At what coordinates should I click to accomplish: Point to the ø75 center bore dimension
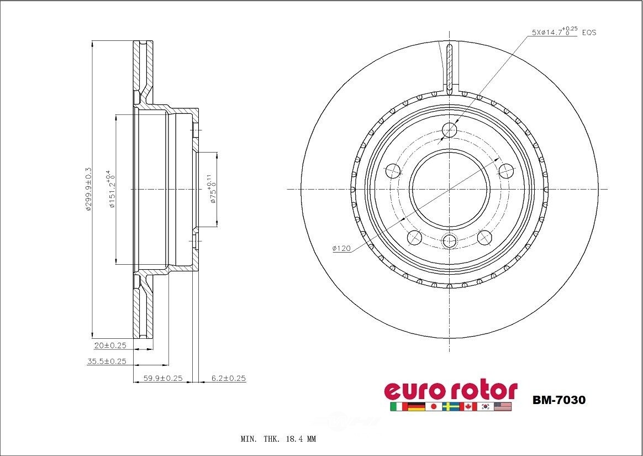tap(211, 189)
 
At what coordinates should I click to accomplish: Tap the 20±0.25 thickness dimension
tap(110, 345)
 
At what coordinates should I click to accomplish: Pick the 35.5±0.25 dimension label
tap(107, 361)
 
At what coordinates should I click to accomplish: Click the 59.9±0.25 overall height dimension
tap(163, 379)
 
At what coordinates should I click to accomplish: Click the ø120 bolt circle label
tap(341, 249)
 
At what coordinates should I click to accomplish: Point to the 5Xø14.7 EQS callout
tap(563, 33)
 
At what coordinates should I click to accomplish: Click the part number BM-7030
tap(558, 400)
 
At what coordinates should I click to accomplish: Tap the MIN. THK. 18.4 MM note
tap(278, 439)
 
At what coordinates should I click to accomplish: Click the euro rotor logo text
tap(450, 390)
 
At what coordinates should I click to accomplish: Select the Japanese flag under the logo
tap(434, 407)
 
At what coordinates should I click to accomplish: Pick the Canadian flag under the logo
tap(468, 407)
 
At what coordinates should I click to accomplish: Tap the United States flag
tap(503, 407)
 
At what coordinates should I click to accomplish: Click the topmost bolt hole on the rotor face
tap(450, 130)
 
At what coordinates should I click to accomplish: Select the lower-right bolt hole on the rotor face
tap(484, 238)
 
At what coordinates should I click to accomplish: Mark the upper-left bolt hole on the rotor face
tap(393, 171)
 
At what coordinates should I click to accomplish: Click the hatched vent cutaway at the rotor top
tap(450, 66)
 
